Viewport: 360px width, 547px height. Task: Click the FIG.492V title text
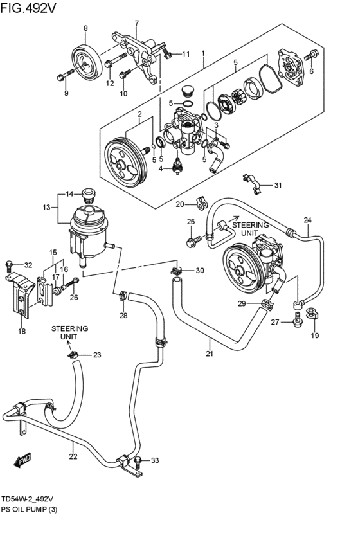[x=30, y=9]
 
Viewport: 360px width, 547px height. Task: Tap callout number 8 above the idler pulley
[x=85, y=28]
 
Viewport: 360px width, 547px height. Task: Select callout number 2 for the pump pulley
[x=139, y=114]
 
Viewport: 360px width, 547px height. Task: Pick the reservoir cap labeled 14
[x=89, y=193]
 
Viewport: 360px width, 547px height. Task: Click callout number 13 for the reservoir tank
[x=46, y=207]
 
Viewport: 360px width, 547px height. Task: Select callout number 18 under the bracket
[x=21, y=332]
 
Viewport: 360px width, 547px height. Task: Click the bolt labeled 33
[x=139, y=460]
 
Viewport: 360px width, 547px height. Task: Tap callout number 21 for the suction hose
[x=209, y=353]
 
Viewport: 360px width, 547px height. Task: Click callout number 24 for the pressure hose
[x=307, y=220]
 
